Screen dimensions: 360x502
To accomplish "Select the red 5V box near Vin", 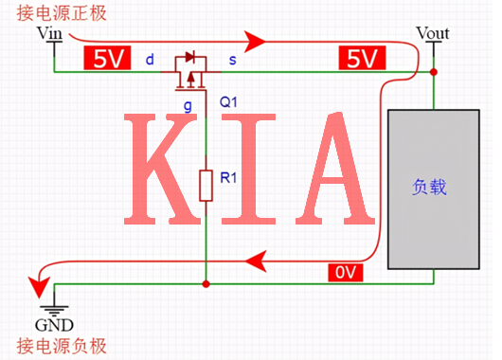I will point(105,60).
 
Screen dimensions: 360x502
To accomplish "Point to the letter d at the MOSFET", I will point(150,61).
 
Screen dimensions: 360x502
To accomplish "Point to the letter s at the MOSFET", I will point(233,61).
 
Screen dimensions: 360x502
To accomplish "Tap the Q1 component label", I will point(229,100).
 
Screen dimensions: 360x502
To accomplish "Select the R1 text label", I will point(228,176).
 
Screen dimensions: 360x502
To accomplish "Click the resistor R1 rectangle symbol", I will point(206,184).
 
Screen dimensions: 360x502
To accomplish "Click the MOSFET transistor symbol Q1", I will point(193,71).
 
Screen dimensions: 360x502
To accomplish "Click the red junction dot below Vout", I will point(434,72).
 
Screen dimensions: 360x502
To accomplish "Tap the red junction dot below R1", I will point(206,282).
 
